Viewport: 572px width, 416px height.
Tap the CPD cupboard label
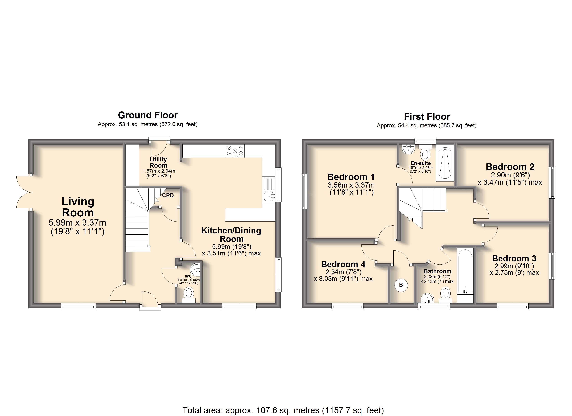click(x=168, y=195)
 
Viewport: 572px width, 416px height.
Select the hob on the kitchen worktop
click(x=235, y=151)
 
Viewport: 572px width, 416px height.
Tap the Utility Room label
click(x=158, y=162)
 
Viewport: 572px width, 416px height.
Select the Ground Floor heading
click(x=148, y=115)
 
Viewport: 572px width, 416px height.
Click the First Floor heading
click(x=427, y=116)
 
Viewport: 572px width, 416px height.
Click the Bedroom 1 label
click(x=351, y=177)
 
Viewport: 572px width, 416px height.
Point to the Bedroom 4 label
click(x=343, y=264)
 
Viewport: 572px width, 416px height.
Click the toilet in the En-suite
click(x=426, y=152)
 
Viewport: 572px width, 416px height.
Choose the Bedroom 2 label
click(x=510, y=167)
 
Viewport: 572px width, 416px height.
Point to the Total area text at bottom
click(x=283, y=410)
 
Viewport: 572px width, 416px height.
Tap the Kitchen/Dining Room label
click(x=231, y=235)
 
